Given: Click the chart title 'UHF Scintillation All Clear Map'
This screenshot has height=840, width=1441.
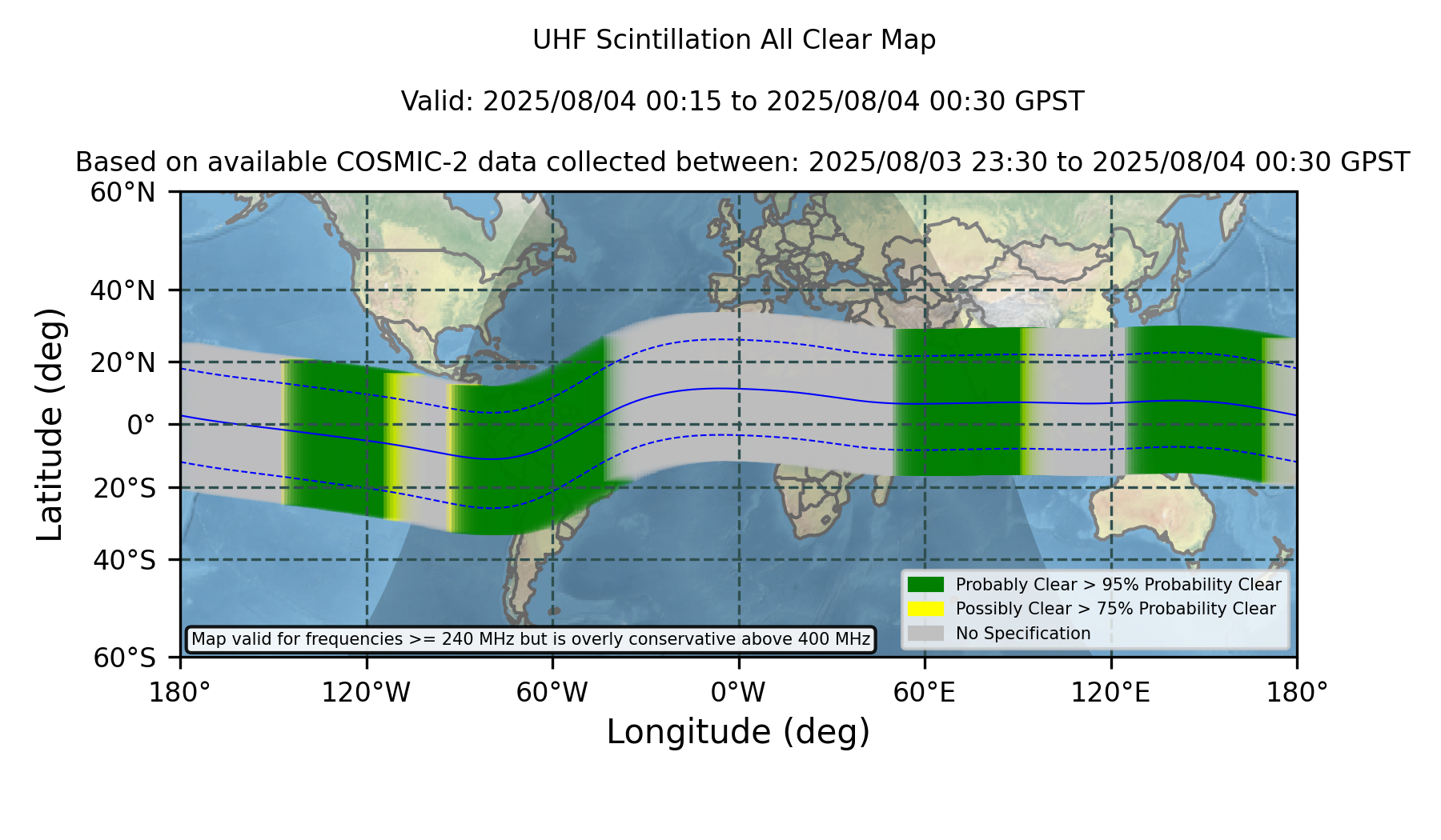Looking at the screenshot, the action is [x=734, y=40].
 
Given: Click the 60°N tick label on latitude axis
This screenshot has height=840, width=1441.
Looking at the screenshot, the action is [x=122, y=192].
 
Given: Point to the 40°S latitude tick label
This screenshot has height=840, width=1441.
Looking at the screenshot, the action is [x=124, y=559].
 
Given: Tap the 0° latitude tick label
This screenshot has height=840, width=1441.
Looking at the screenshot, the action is [x=141, y=424].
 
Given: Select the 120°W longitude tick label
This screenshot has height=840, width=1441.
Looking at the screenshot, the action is [x=366, y=692].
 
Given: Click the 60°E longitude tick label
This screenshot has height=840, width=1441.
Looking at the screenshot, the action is [x=925, y=692].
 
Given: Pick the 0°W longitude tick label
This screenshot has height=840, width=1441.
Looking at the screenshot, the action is [x=738, y=692].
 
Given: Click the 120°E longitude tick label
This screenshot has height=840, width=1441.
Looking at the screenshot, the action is [x=1110, y=692].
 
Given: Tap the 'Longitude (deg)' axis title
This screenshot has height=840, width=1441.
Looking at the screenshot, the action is [x=738, y=732].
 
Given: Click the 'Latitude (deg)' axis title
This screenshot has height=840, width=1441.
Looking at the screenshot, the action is [x=50, y=424].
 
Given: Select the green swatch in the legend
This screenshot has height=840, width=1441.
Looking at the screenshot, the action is [x=925, y=585].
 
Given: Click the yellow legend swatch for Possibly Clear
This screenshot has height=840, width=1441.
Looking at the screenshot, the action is [x=925, y=609].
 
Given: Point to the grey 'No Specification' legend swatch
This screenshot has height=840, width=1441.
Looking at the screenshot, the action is [x=925, y=634].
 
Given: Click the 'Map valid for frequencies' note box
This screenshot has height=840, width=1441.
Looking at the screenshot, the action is [x=531, y=639].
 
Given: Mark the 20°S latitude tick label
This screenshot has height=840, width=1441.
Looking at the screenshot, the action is [x=124, y=487].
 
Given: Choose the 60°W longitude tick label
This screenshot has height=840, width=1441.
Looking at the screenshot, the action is [x=552, y=692].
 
